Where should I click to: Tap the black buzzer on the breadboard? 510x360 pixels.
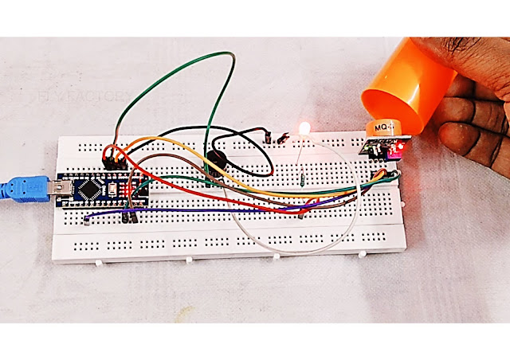point(216,162)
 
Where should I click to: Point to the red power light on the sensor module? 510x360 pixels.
point(405,147)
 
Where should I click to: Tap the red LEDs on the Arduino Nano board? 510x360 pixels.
point(120,190)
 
